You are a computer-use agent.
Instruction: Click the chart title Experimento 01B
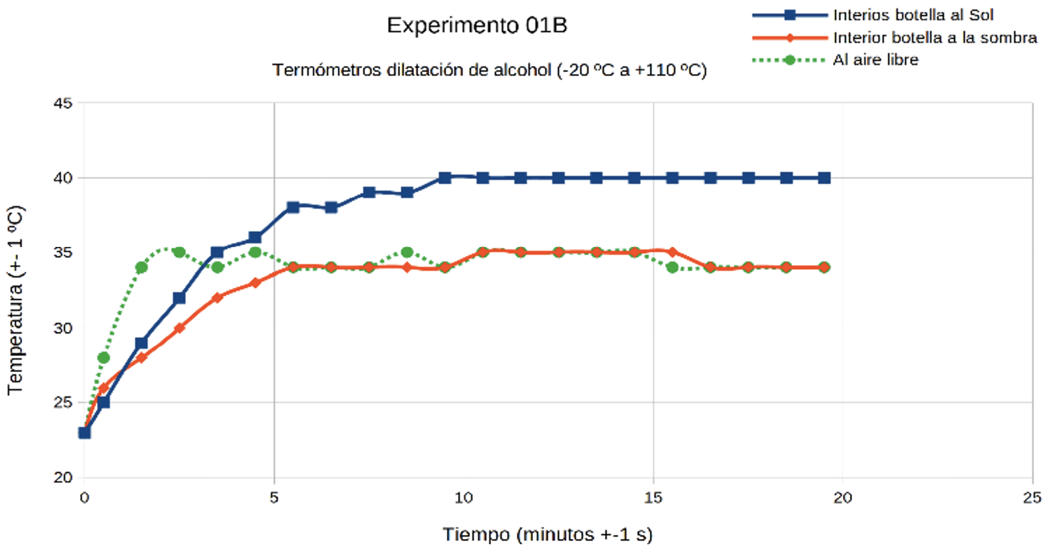click(x=476, y=25)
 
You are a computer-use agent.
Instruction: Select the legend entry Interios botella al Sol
click(x=913, y=15)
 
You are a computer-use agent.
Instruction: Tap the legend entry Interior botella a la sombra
click(x=934, y=38)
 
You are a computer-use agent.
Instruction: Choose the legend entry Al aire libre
click(x=875, y=60)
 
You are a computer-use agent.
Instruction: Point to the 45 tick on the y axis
click(x=63, y=103)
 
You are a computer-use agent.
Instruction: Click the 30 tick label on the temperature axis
click(x=63, y=328)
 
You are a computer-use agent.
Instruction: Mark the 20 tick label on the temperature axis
click(x=63, y=478)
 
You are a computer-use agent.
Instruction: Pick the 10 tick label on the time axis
click(x=463, y=498)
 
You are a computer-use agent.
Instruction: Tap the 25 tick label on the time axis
click(x=1032, y=498)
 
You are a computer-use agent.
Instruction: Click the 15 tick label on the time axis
click(x=653, y=498)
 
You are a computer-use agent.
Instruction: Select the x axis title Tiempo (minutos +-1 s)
click(x=548, y=534)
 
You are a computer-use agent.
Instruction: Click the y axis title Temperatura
click(x=15, y=300)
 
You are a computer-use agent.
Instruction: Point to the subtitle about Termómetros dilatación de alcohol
click(x=489, y=70)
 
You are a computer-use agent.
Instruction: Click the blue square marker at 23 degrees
click(x=84, y=433)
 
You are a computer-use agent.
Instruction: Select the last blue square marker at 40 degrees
click(x=824, y=178)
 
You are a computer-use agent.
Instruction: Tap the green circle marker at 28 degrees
click(x=104, y=358)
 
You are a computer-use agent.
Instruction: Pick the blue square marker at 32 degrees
click(x=179, y=298)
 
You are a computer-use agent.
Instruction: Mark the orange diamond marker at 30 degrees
click(x=179, y=328)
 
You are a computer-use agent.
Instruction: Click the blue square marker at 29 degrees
click(x=141, y=343)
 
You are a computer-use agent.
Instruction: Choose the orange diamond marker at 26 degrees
click(x=104, y=388)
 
